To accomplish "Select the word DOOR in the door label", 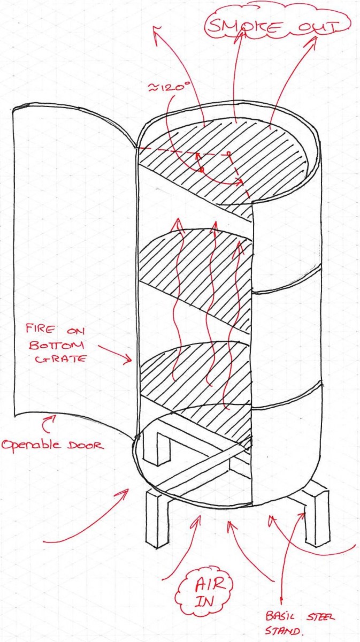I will point(85,445).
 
